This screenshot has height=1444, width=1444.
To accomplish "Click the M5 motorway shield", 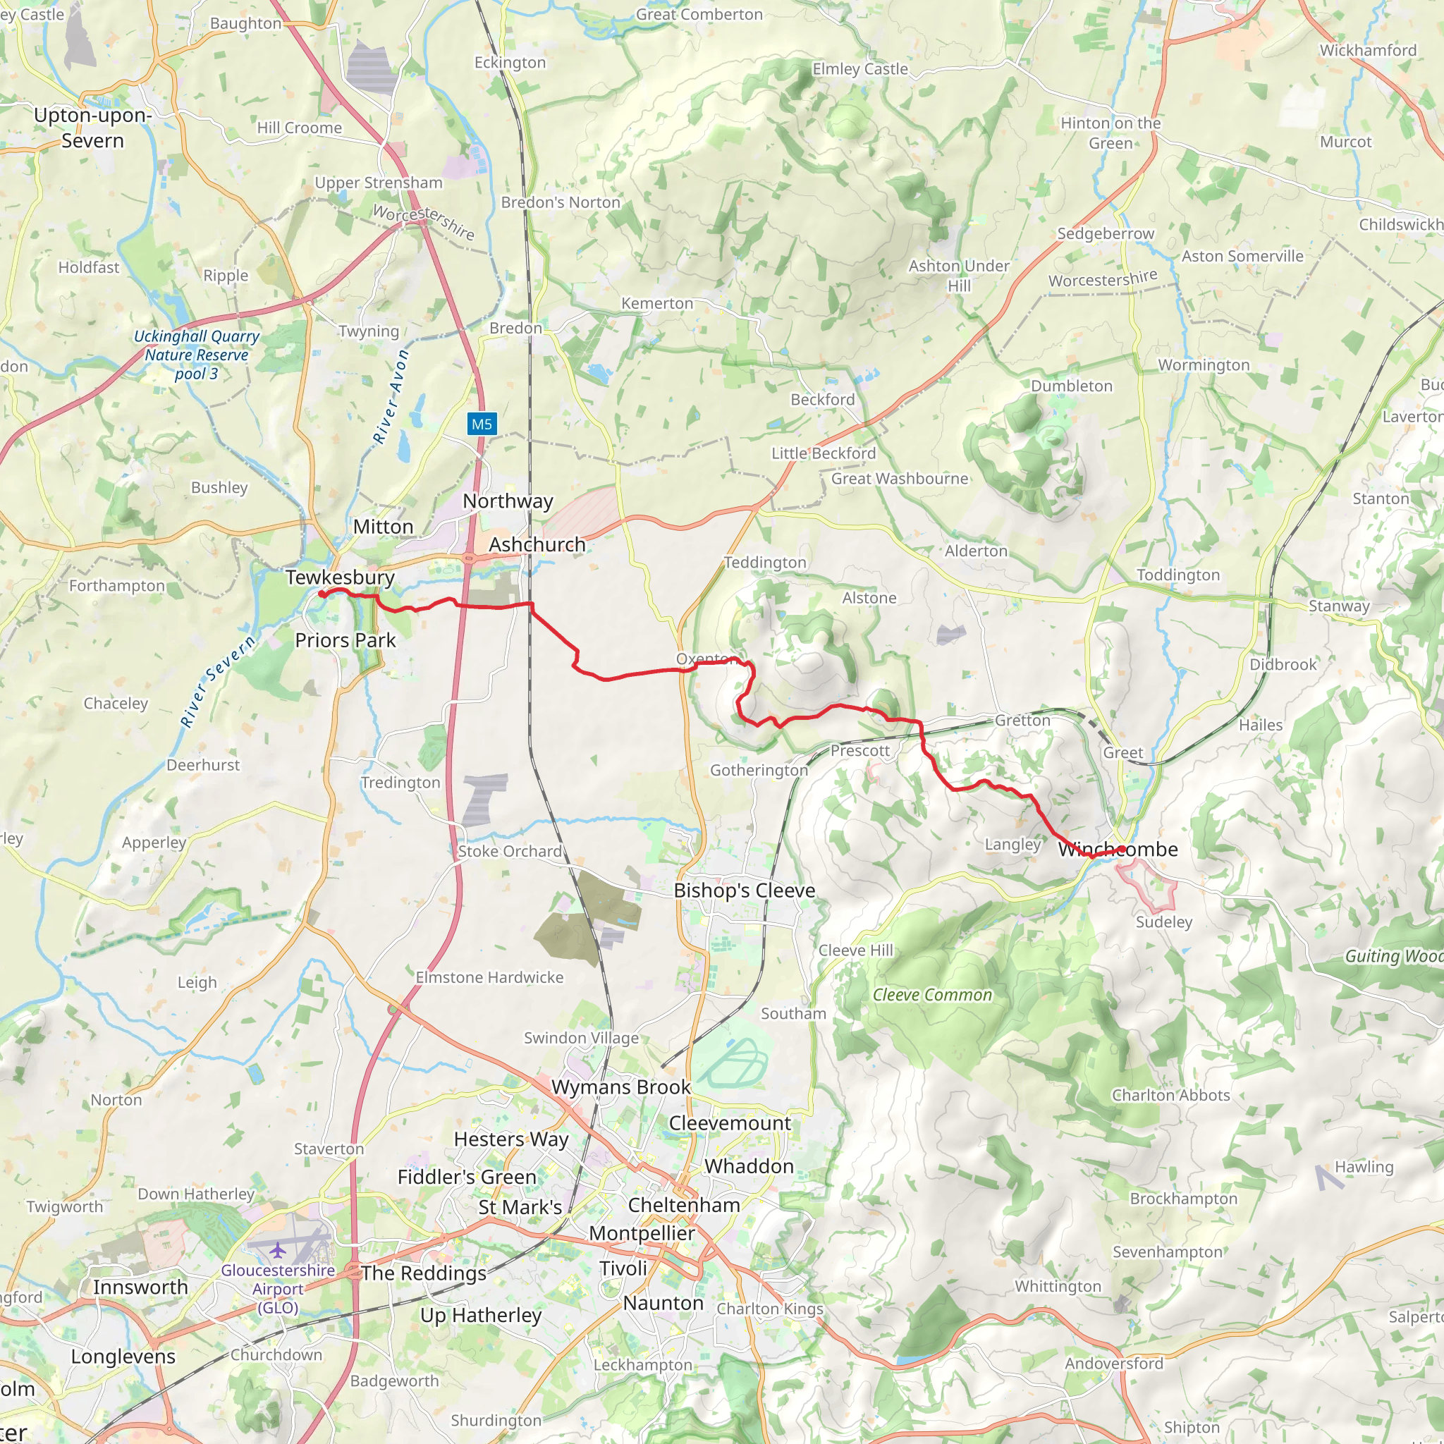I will (x=482, y=424).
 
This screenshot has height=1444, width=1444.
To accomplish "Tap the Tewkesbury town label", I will (x=339, y=577).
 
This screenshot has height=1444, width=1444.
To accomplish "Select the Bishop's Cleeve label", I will (x=744, y=891).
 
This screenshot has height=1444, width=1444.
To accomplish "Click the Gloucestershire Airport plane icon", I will (x=278, y=1249).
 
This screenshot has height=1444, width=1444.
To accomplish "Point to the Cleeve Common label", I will (x=932, y=995).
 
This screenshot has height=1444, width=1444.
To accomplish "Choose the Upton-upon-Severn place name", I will (x=92, y=128).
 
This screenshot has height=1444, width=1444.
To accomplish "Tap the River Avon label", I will (x=391, y=397).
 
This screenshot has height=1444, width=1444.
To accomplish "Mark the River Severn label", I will (x=217, y=681).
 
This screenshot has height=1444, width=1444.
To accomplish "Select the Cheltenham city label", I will (x=684, y=1205).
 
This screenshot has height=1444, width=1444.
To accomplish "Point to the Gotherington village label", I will (x=759, y=770).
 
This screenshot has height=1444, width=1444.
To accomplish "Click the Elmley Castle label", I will (x=859, y=69).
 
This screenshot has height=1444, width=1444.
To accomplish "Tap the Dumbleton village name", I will (x=1071, y=386).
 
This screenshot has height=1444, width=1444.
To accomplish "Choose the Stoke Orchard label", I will (x=510, y=851).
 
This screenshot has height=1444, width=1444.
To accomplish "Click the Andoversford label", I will (x=1113, y=1364).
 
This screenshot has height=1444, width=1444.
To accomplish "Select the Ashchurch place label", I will (x=537, y=544).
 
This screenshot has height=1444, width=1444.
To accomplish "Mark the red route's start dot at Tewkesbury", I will (x=322, y=594).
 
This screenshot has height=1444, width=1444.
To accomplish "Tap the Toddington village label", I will (x=1178, y=575).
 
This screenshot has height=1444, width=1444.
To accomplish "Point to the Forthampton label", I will (x=116, y=585).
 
